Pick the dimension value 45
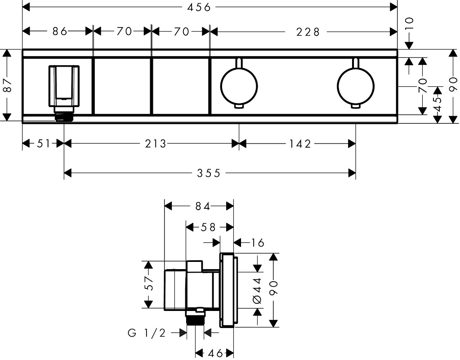[x=437, y=103]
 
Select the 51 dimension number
[x=43, y=144]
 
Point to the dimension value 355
[x=210, y=173]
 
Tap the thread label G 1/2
[x=147, y=333]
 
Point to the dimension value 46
[x=214, y=353]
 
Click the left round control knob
[x=239, y=85]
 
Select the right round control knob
[x=356, y=85]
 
